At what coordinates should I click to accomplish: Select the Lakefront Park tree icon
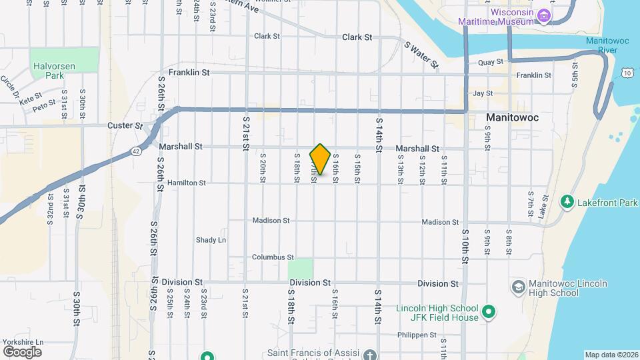(x=567, y=201)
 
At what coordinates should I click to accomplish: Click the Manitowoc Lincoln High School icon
(x=518, y=287)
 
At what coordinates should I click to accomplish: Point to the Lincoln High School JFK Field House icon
(x=489, y=311)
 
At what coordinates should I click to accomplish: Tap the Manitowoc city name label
(x=512, y=117)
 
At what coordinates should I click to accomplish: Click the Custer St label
(x=125, y=125)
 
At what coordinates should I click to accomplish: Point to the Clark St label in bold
(x=357, y=37)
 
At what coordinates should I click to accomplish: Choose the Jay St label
(x=482, y=94)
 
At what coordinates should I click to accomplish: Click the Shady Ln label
(x=211, y=240)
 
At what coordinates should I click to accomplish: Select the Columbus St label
(x=273, y=257)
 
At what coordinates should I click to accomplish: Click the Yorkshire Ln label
(x=23, y=342)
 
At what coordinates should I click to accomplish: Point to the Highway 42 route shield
(x=136, y=151)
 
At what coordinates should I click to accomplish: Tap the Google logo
(x=22, y=351)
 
